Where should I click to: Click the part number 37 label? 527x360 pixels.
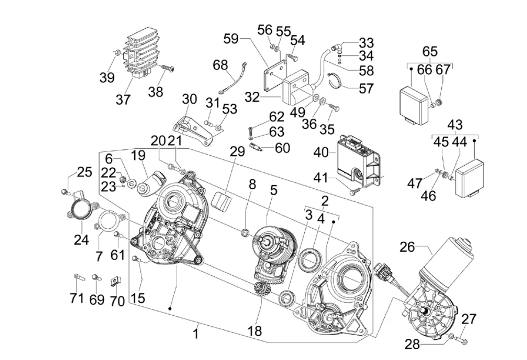pyautogui.click(x=123, y=99)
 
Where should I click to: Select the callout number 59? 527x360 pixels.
pyautogui.click(x=231, y=39)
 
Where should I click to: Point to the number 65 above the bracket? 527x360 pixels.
pyautogui.click(x=430, y=51)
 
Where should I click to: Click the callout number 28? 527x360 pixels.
pyautogui.click(x=413, y=344)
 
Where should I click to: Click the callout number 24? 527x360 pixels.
pyautogui.click(x=81, y=240)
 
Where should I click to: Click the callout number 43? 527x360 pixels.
pyautogui.click(x=455, y=125)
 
